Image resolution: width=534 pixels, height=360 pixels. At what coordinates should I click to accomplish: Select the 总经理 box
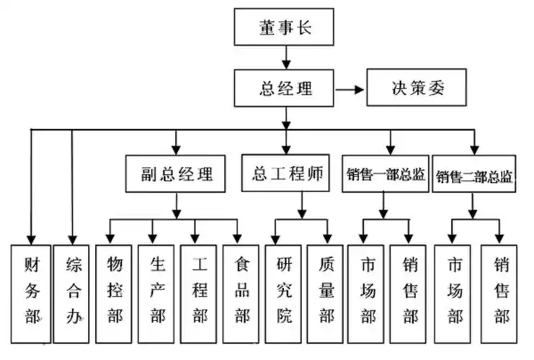click(286, 89)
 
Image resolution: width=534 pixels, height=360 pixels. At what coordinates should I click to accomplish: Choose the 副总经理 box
click(177, 174)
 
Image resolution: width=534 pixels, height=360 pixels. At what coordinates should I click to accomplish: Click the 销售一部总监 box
click(386, 174)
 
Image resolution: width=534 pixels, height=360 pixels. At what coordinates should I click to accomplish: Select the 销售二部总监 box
click(474, 175)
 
